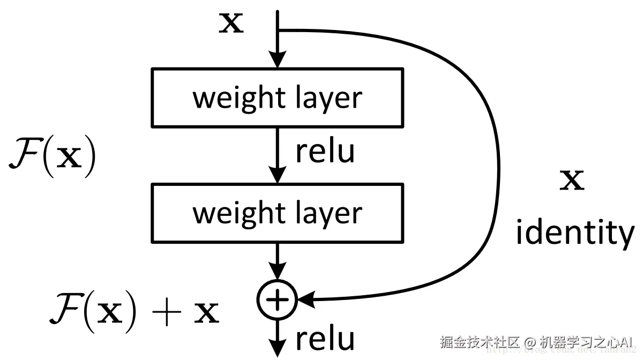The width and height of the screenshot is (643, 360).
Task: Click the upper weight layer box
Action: (x=277, y=97)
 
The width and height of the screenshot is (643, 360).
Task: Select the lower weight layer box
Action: (x=277, y=213)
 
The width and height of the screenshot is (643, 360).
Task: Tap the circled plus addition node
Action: (x=277, y=299)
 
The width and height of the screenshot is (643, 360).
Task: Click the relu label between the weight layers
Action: (x=325, y=152)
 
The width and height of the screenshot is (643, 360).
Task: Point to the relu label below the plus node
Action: (x=325, y=339)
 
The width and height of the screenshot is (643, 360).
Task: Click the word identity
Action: (x=574, y=233)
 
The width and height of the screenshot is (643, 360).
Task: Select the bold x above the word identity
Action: (x=572, y=182)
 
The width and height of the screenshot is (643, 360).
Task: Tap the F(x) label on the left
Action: (x=53, y=155)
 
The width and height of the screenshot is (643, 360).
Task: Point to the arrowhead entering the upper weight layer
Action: (x=277, y=59)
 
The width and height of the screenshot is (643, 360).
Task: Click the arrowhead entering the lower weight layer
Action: (x=277, y=175)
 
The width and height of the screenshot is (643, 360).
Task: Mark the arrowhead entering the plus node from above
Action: (x=277, y=272)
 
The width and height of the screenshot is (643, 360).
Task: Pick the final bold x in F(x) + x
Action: (x=206, y=313)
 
